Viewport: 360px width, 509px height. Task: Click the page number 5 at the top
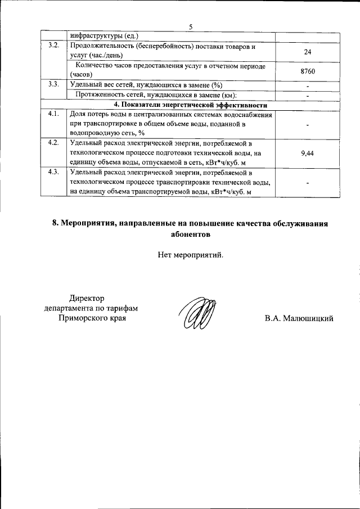pyautogui.click(x=191, y=27)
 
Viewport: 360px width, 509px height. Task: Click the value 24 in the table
pyautogui.click(x=307, y=51)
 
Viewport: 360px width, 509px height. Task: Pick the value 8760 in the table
pyautogui.click(x=307, y=71)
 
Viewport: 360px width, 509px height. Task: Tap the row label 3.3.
pyautogui.click(x=54, y=85)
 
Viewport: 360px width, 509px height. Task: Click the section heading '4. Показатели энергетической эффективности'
pyautogui.click(x=190, y=105)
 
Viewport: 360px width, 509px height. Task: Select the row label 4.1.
pyautogui.click(x=54, y=115)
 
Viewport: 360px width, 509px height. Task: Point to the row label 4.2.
pyautogui.click(x=54, y=143)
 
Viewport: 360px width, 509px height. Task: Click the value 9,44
pyautogui.click(x=307, y=152)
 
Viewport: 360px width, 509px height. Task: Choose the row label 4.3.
pyautogui.click(x=54, y=172)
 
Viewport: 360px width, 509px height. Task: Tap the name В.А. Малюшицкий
pyautogui.click(x=299, y=319)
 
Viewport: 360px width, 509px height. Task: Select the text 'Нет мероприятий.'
pyautogui.click(x=191, y=255)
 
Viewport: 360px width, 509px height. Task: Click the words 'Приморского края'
pyautogui.click(x=92, y=318)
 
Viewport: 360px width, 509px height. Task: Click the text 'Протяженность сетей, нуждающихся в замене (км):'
pyautogui.click(x=156, y=95)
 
